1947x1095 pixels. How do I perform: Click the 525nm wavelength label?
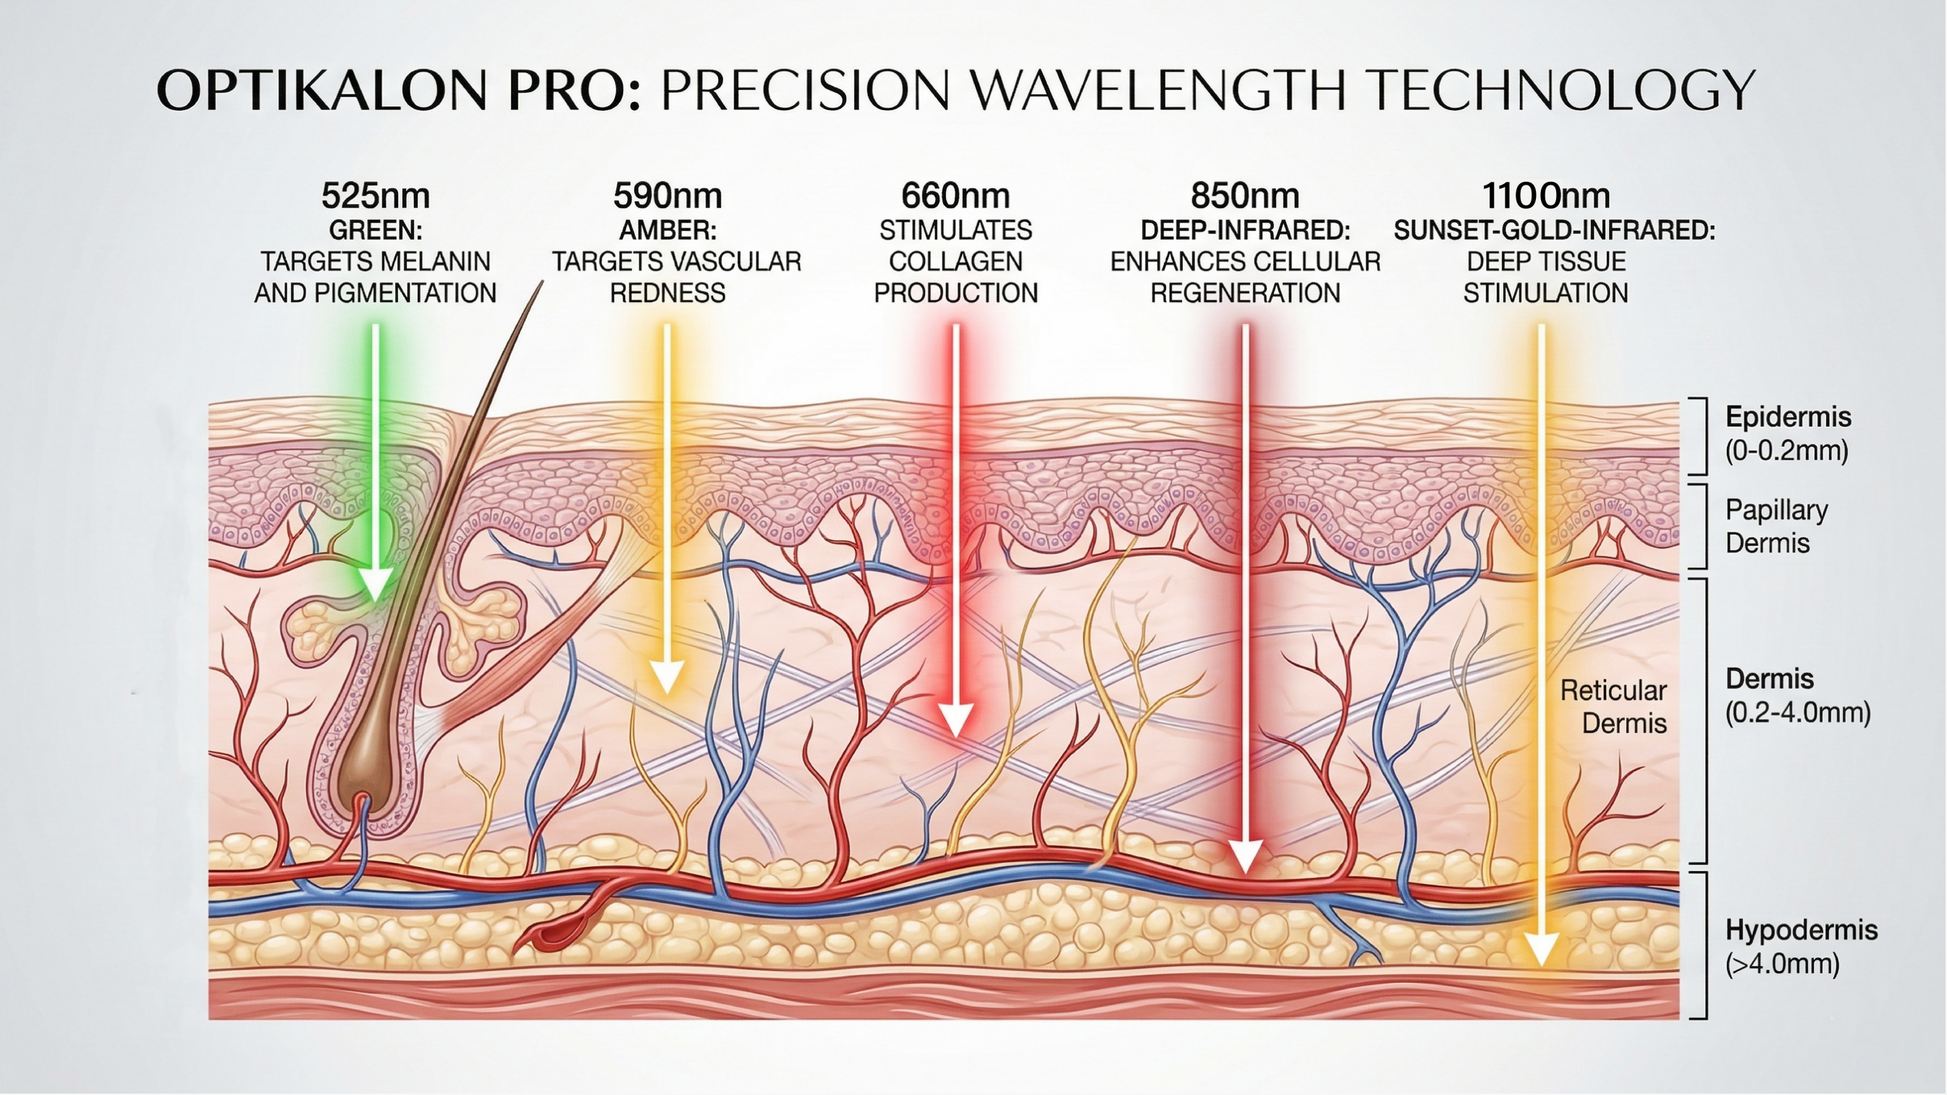point(376,196)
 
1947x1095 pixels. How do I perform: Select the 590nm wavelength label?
point(667,196)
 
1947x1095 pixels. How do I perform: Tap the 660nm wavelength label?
point(955,196)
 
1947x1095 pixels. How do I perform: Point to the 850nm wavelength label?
point(1245,196)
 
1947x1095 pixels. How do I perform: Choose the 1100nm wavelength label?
point(1546,196)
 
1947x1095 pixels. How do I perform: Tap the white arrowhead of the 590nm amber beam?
point(667,677)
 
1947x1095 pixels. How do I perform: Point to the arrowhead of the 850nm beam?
point(1245,857)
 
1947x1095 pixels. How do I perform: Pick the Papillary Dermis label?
point(1776,526)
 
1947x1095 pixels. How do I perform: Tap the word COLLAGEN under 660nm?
point(955,261)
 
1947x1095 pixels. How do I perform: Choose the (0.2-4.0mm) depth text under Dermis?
point(1797,713)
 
